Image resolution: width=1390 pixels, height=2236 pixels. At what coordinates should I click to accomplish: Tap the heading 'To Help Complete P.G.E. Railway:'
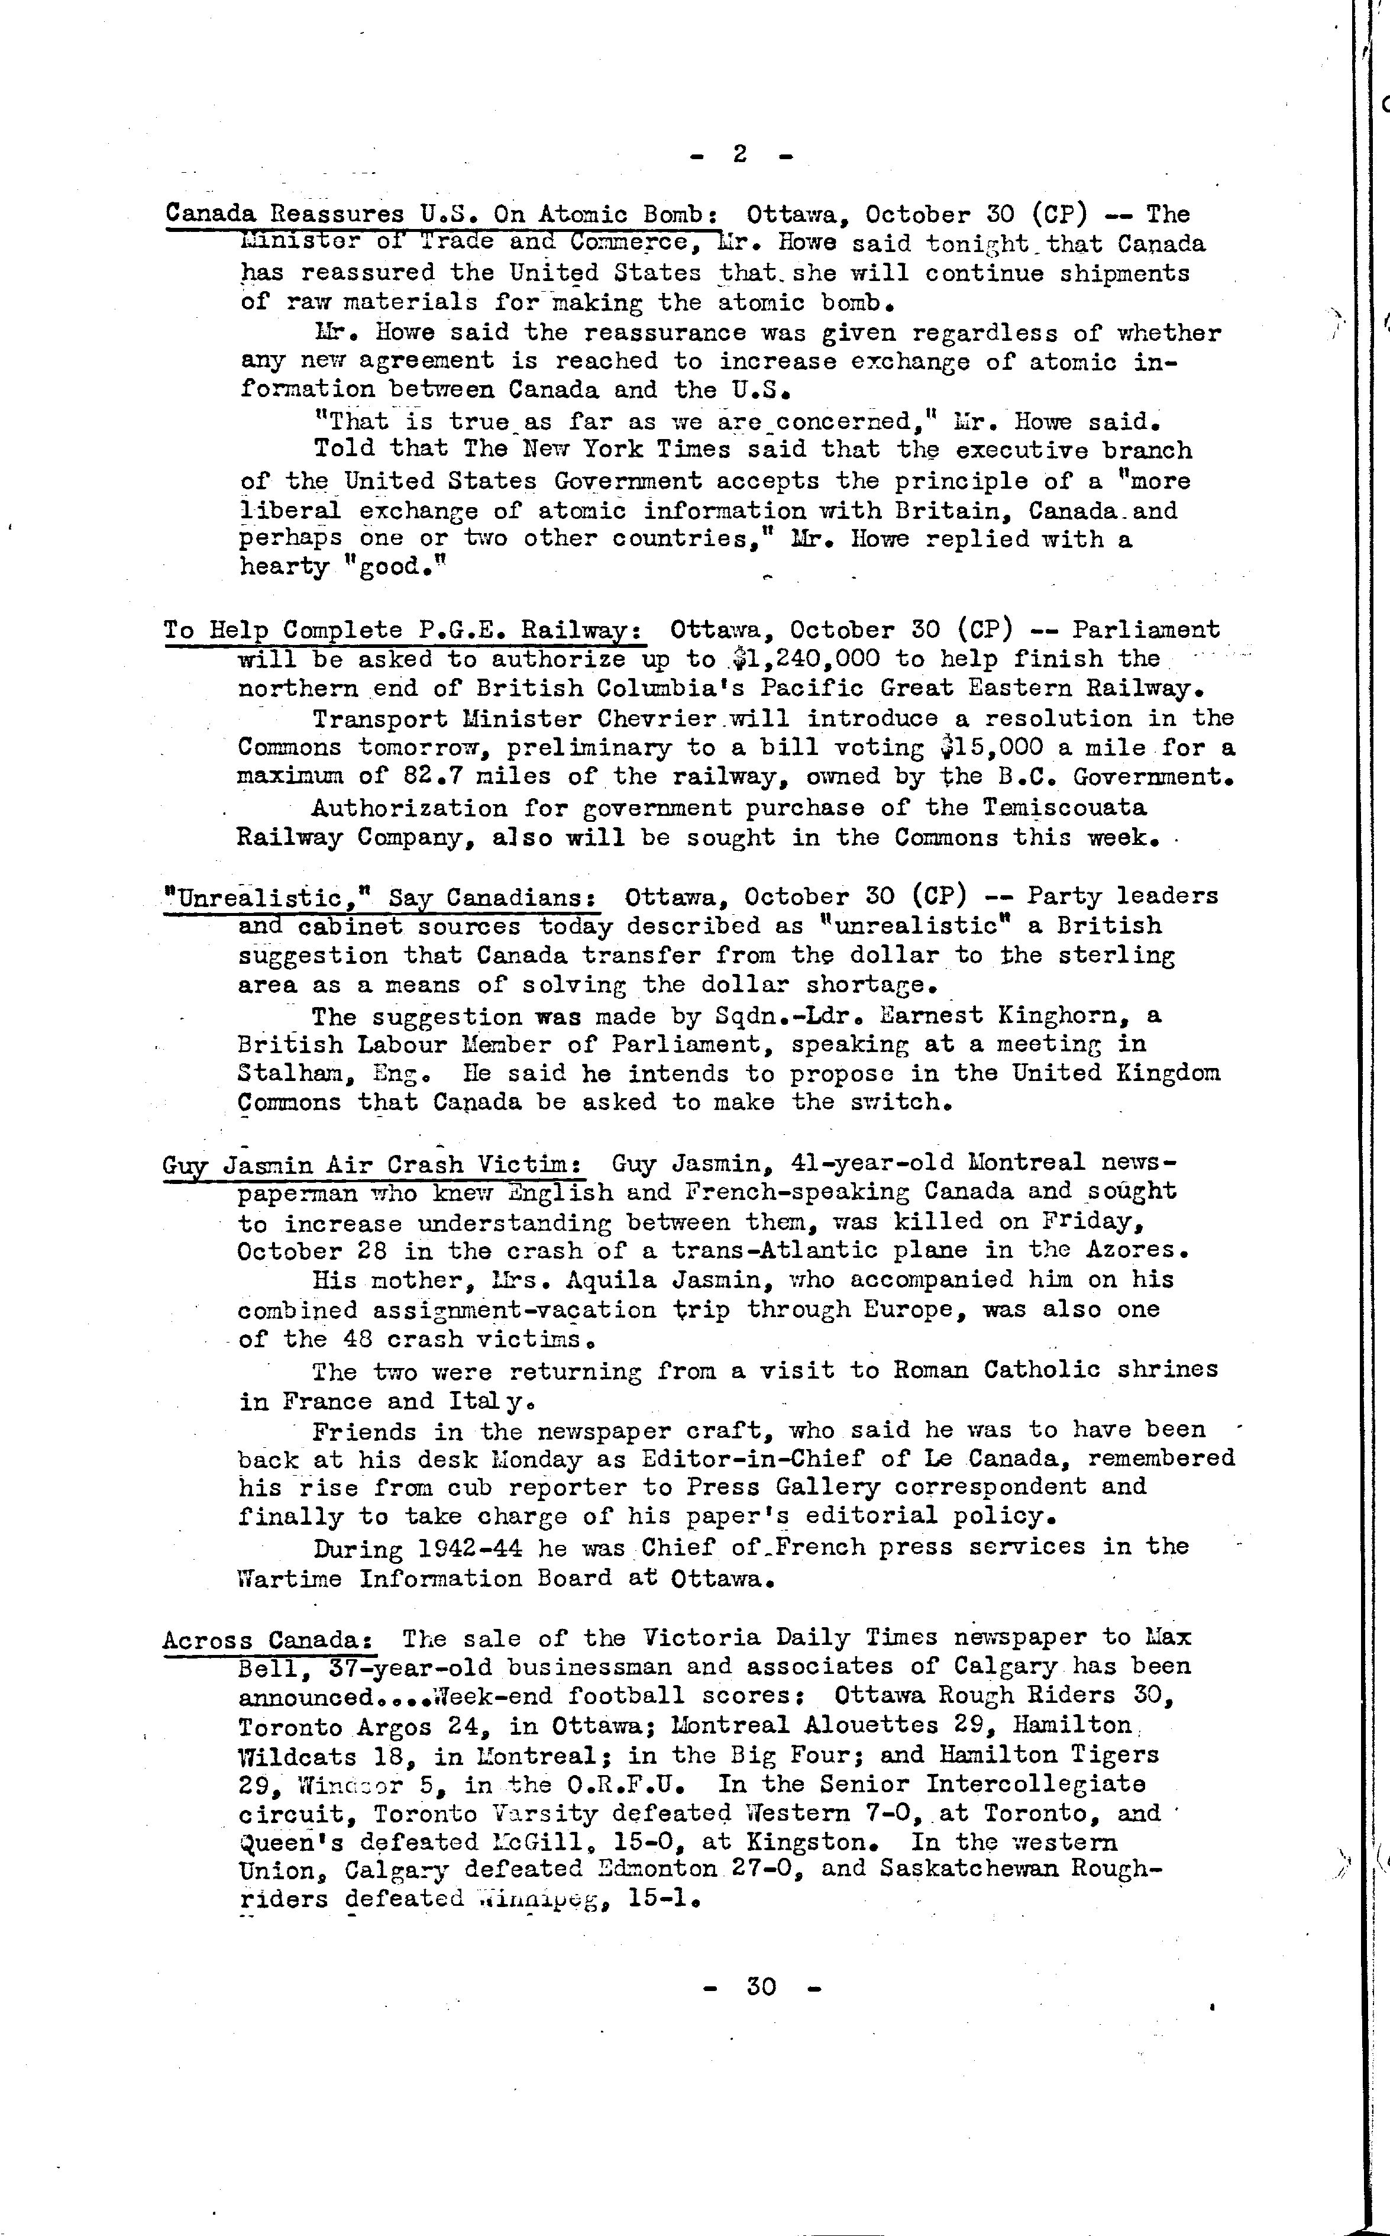[x=405, y=631]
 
